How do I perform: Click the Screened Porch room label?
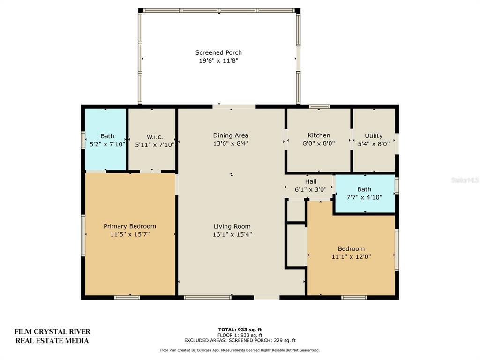218,52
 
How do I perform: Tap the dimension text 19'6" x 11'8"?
218,60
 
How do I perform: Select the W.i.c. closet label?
155,137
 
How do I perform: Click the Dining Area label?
231,135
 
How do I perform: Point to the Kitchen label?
319,135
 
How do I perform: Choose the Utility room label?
374,136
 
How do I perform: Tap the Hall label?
311,181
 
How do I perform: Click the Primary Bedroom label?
130,226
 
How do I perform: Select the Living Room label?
232,226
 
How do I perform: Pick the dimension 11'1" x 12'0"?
351,256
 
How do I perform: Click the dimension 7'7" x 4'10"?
364,197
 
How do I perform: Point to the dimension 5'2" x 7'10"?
107,144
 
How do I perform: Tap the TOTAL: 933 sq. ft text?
240,330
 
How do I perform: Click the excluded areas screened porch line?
240,340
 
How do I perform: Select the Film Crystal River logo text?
52,336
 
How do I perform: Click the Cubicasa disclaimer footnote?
240,350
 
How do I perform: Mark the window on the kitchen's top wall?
319,106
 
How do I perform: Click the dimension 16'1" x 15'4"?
232,234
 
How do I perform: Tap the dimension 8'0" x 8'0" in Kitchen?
319,143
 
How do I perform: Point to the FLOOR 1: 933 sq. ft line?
240,335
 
